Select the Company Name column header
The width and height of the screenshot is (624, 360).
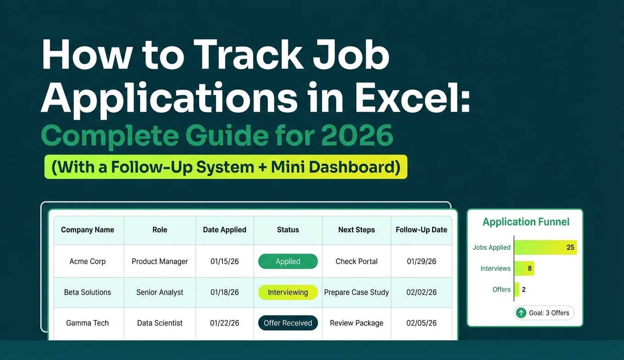[x=88, y=230]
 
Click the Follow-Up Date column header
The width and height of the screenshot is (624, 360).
[x=421, y=230]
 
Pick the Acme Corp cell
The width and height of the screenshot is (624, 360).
[x=88, y=261]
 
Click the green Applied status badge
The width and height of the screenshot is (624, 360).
[x=288, y=261]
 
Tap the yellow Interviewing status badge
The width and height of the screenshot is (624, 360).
[x=288, y=292]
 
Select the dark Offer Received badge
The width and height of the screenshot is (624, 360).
[x=288, y=323]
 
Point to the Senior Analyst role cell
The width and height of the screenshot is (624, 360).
[x=160, y=292]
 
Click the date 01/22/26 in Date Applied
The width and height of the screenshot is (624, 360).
[x=224, y=323]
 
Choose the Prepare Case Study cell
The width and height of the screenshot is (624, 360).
[x=357, y=292]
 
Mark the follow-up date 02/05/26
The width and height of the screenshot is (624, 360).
[x=421, y=323]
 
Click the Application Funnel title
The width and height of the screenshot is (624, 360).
[x=526, y=222]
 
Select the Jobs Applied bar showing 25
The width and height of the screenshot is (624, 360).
[x=545, y=247]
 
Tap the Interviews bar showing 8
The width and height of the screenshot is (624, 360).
[x=524, y=269]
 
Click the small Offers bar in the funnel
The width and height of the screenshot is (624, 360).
[x=517, y=290]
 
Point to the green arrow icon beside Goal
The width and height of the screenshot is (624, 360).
[x=521, y=313]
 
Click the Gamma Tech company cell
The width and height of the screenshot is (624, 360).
[x=88, y=323]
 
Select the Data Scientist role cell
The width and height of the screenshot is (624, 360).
[x=160, y=323]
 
